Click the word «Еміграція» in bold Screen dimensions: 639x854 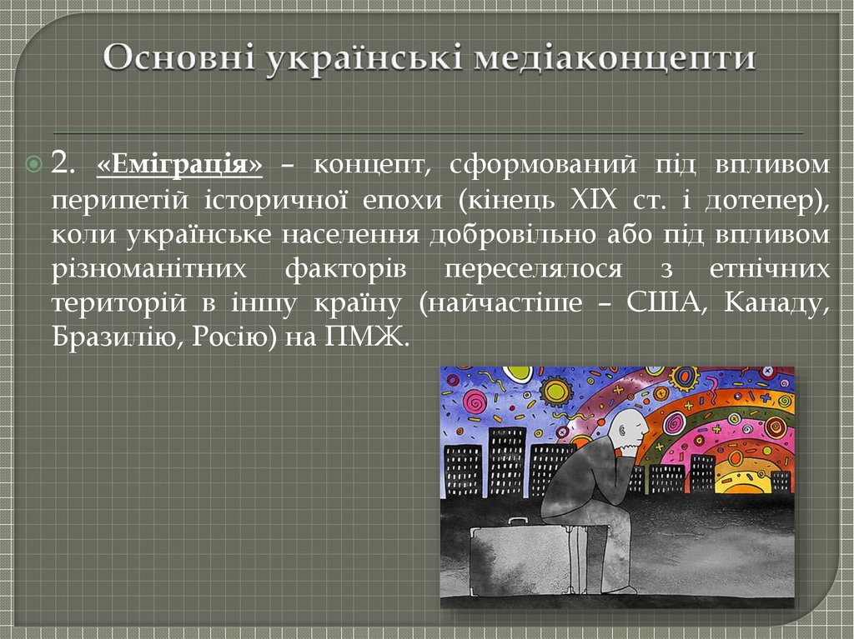pos(179,164)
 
